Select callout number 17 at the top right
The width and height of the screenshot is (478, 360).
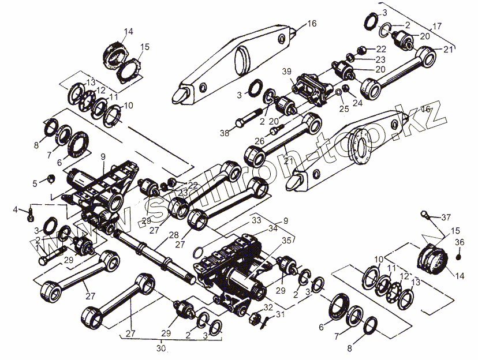(436, 26)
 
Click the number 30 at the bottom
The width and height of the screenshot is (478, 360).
(161, 348)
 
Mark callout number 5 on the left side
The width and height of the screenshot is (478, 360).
(34, 183)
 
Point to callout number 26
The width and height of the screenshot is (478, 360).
(259, 140)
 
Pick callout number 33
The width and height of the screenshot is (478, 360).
(256, 220)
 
